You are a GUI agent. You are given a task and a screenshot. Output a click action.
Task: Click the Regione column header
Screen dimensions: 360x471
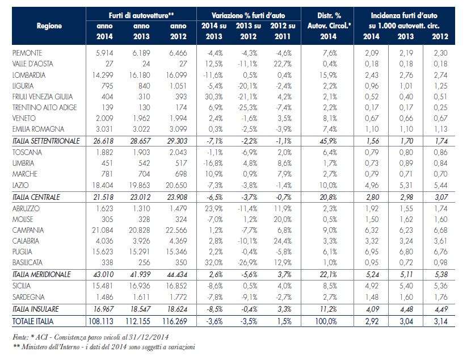49,26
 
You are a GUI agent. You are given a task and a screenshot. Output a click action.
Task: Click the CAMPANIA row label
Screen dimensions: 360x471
27,230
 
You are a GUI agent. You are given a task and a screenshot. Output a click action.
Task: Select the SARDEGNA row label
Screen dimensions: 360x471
27,296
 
